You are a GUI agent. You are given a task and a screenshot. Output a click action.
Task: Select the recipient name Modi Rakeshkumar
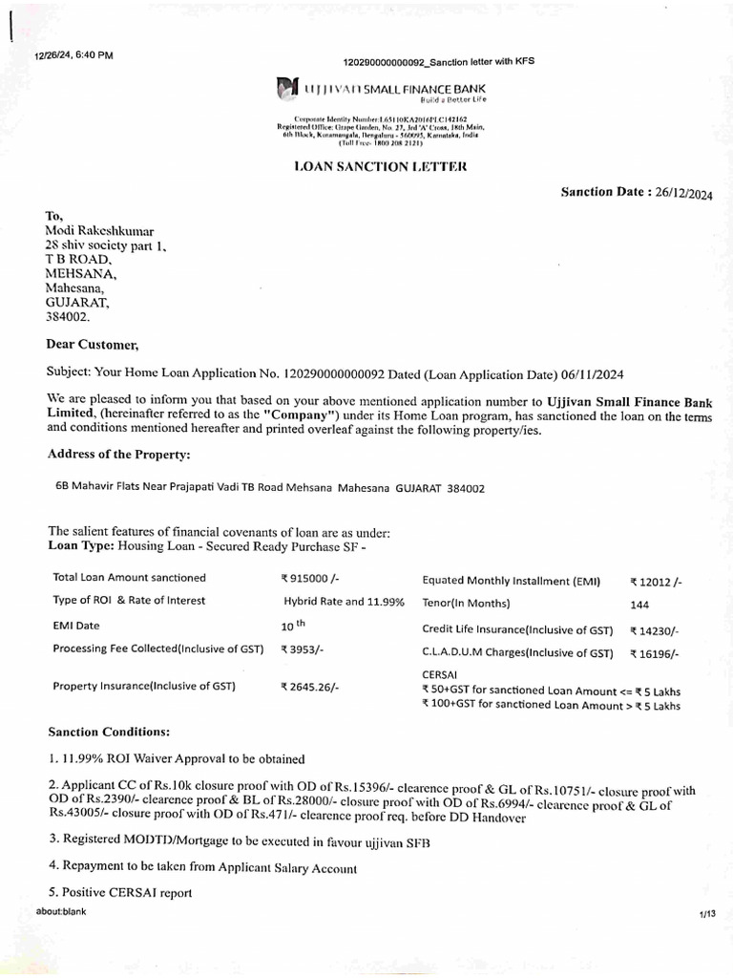click(x=99, y=231)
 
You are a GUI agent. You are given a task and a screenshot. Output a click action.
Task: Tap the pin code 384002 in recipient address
click(x=66, y=315)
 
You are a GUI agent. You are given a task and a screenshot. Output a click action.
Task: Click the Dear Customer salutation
click(x=93, y=344)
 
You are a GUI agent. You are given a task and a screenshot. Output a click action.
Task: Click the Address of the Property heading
click(x=118, y=453)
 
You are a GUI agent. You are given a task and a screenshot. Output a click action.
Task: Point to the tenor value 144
click(x=640, y=605)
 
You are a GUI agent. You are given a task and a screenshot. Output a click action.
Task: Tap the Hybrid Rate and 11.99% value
click(x=344, y=602)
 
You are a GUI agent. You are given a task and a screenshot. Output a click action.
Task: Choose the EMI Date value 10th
click(x=292, y=627)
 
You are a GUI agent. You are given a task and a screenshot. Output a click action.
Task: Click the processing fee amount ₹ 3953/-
click(x=304, y=649)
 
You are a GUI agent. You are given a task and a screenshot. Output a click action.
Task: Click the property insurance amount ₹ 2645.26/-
click(x=310, y=687)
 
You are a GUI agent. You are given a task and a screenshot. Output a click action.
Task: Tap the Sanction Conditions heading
click(x=109, y=732)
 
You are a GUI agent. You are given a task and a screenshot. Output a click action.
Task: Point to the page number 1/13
click(x=705, y=914)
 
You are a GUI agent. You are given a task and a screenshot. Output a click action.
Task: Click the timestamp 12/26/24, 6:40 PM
click(x=73, y=55)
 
